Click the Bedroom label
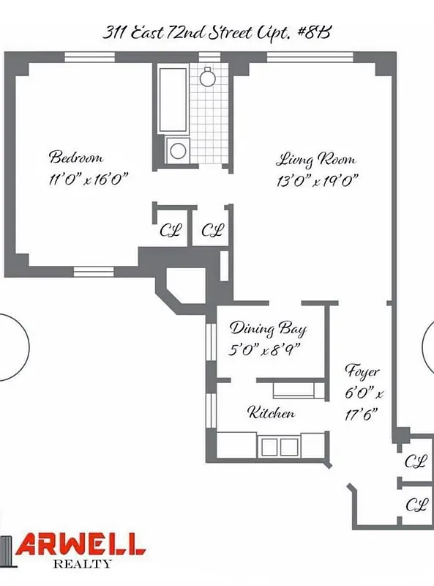point(75,157)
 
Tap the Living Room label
point(315,159)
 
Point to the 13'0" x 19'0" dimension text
point(317,181)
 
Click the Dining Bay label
point(268,328)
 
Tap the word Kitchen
point(272,413)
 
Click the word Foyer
point(362,371)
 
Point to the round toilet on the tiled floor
point(208,75)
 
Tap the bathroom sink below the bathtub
point(178,151)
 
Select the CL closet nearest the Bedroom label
point(171,231)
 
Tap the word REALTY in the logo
point(83,564)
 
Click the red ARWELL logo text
point(82,544)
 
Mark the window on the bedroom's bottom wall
point(94,272)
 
